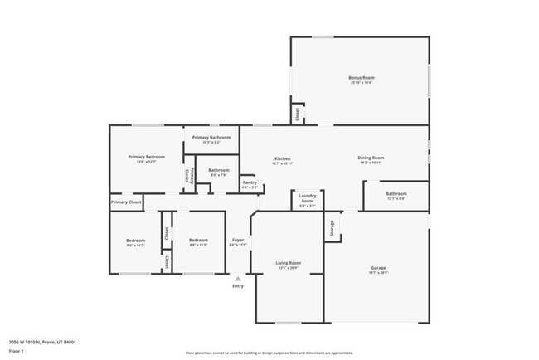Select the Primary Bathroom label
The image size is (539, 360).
tap(211, 139)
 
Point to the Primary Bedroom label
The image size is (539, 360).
tap(146, 158)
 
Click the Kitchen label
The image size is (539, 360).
tap(283, 160)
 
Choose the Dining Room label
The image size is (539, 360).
tap(371, 159)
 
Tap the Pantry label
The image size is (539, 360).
tap(250, 183)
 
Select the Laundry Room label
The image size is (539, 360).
tap(307, 199)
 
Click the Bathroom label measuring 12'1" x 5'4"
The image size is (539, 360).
tap(396, 196)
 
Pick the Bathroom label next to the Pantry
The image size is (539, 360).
tap(219, 172)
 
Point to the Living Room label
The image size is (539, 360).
tap(288, 265)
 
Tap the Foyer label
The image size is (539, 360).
tap(238, 242)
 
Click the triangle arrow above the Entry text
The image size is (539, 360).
tap(238, 279)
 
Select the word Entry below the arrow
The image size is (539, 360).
tap(238, 286)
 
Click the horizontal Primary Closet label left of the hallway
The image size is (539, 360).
tap(126, 202)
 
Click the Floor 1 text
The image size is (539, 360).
tap(17, 351)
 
